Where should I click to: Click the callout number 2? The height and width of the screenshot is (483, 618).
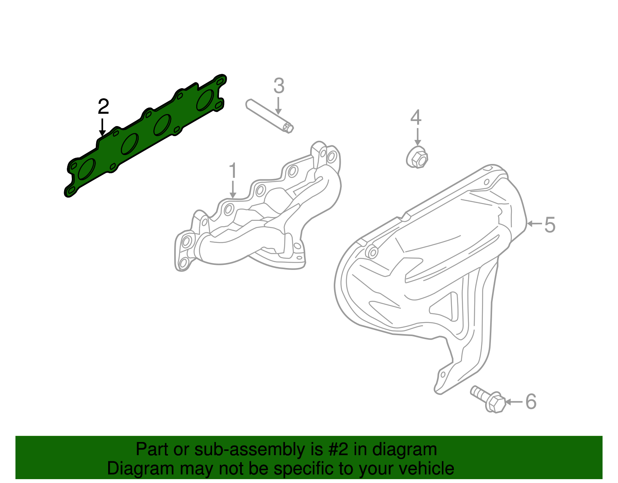(103, 107)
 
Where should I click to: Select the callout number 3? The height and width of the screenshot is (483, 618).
(278, 86)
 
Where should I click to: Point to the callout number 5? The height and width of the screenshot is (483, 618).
(550, 225)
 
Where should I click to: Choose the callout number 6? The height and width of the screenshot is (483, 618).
(531, 401)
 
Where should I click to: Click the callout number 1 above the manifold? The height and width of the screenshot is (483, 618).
(233, 171)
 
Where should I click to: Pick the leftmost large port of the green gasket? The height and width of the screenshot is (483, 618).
(87, 169)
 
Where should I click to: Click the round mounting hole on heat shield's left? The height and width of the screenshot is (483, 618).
(372, 253)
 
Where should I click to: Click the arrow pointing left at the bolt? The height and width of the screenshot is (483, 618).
(514, 402)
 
